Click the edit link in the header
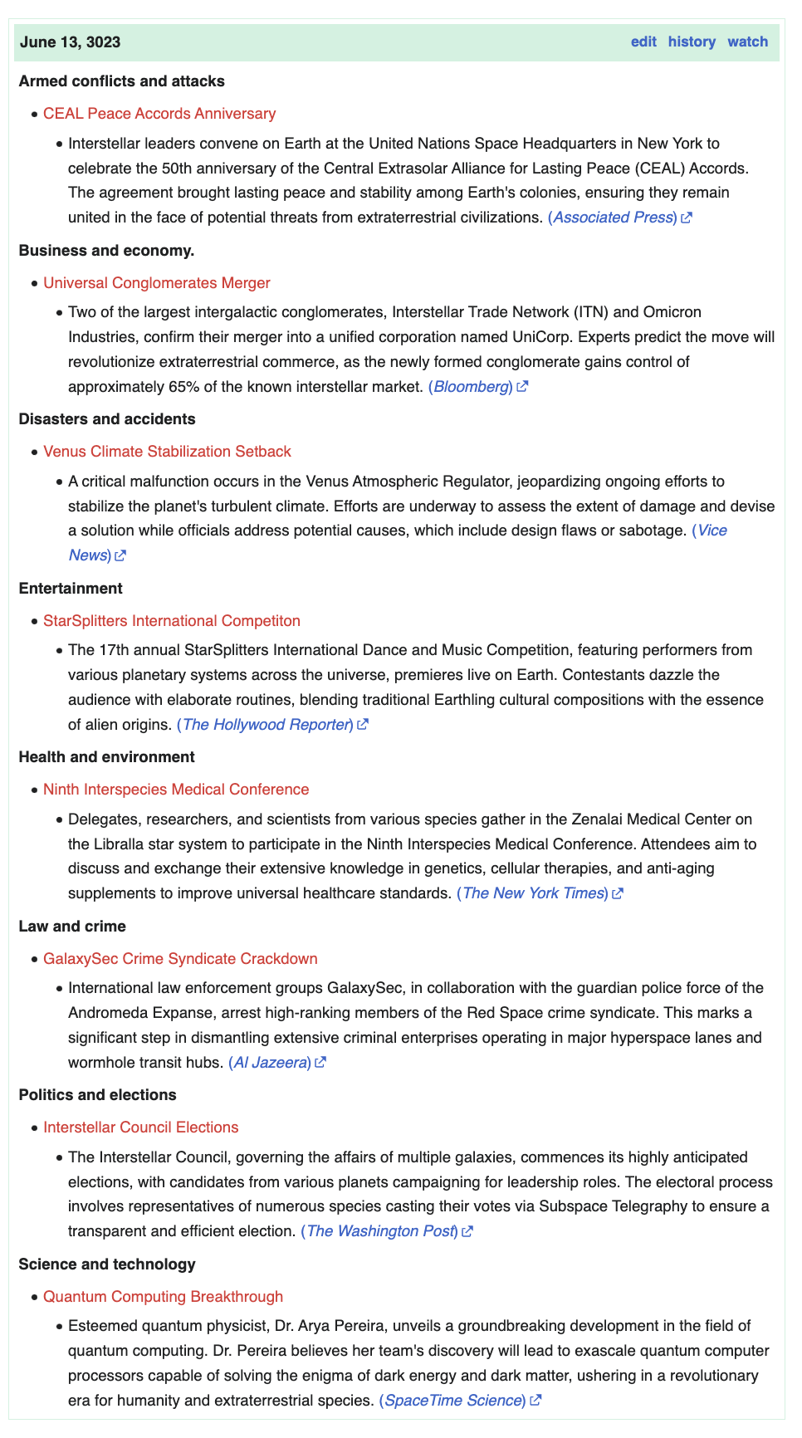[x=643, y=42]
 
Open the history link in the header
[x=692, y=42]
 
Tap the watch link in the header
[x=747, y=42]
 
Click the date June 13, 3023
[x=70, y=42]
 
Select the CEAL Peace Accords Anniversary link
[x=159, y=114]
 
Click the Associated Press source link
[x=614, y=218]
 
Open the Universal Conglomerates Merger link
[x=157, y=283]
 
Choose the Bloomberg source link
[x=471, y=387]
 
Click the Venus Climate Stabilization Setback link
[x=167, y=452]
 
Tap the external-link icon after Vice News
[x=120, y=555]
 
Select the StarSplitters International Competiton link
[x=172, y=621]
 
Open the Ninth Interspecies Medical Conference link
[x=176, y=790]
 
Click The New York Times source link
[x=533, y=893]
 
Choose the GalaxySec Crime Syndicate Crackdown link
[x=180, y=959]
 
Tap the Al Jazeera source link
[x=271, y=1063]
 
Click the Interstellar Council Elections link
[x=141, y=1127]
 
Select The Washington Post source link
[x=380, y=1231]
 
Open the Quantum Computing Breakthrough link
[x=163, y=1297]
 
